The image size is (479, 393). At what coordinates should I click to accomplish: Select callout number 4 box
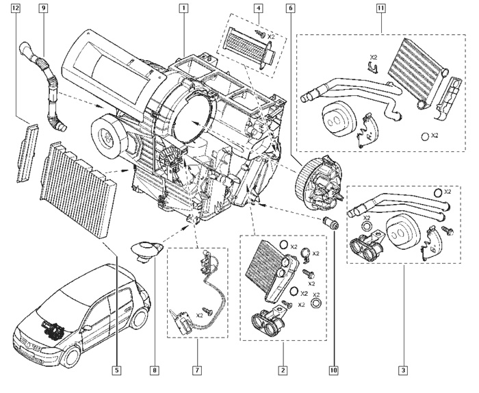[257, 9]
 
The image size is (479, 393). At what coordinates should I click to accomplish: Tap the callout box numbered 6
[292, 9]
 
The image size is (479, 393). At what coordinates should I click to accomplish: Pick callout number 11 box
[380, 9]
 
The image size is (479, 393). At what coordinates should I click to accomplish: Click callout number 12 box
[16, 9]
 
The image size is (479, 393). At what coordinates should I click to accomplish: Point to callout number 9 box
[43, 9]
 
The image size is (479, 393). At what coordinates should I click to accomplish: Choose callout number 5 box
[117, 370]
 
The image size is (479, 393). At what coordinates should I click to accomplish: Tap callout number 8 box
[155, 370]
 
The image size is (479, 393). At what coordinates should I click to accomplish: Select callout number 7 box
[196, 370]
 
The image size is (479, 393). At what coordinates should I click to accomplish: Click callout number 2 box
[281, 370]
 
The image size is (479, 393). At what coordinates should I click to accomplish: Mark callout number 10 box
[335, 370]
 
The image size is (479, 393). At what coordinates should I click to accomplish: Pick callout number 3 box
[404, 370]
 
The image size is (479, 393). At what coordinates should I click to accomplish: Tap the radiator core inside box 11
[413, 72]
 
